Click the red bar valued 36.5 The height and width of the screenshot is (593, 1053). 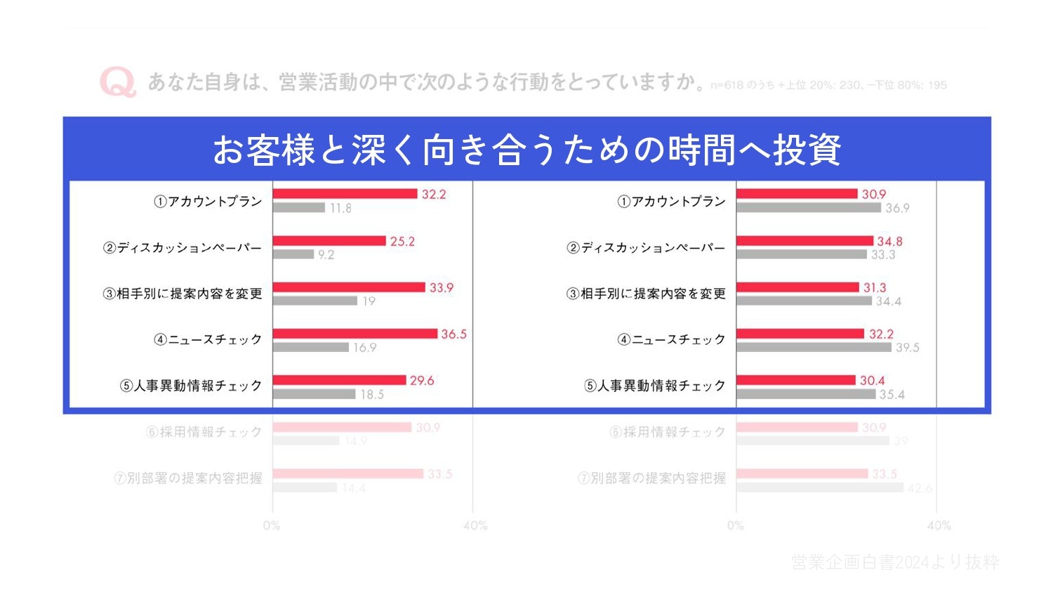tap(355, 334)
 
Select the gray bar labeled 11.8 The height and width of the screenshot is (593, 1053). tap(299, 208)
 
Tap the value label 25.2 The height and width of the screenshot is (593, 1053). tap(402, 241)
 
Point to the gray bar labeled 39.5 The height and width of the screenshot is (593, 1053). tap(814, 347)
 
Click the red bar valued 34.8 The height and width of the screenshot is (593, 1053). tap(804, 241)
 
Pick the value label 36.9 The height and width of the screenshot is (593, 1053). tap(897, 208)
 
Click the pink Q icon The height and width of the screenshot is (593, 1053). tap(117, 82)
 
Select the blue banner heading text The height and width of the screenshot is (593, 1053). tap(526, 150)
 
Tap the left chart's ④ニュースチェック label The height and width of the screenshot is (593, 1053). tap(208, 339)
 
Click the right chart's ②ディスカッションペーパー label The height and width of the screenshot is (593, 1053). tap(646, 247)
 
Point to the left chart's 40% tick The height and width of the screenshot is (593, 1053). tap(475, 526)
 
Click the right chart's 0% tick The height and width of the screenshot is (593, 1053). tap(735, 526)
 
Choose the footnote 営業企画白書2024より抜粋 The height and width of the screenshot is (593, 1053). tap(895, 562)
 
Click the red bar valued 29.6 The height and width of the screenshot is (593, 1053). tap(339, 380)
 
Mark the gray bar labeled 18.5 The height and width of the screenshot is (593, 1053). tap(314, 394)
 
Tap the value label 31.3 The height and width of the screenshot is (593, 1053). tap(875, 287)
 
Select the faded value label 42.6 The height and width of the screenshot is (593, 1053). tap(920, 488)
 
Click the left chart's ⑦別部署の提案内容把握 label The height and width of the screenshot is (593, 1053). tap(188, 478)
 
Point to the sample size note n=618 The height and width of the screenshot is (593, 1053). tap(828, 85)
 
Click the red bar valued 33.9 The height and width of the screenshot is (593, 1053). tap(349, 287)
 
